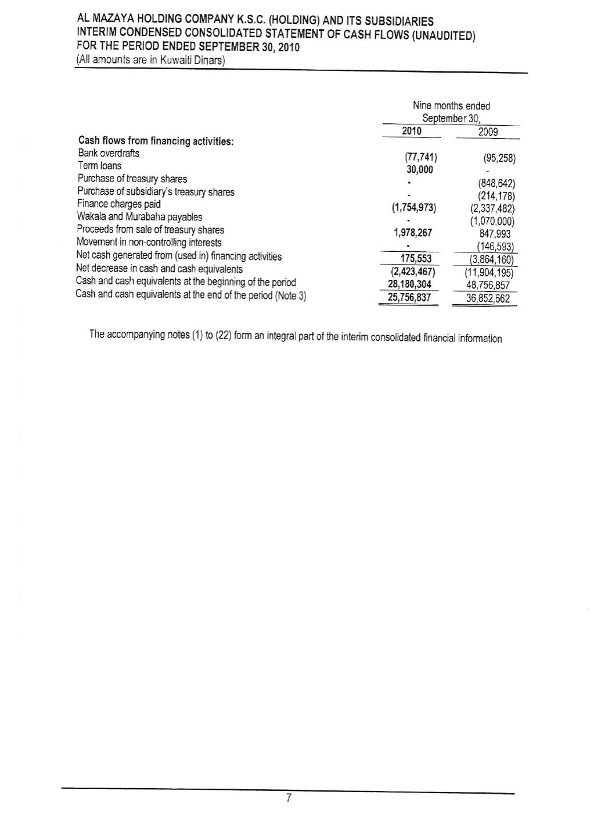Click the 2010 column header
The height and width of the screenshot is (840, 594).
pos(411,131)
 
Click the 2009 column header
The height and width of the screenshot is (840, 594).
pos(488,132)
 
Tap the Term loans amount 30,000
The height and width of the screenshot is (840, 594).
pos(419,170)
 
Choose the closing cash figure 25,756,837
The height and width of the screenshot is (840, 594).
pos(409,298)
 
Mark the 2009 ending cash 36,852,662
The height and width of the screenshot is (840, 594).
pos(488,299)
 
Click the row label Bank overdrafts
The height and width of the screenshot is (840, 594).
pos(109,153)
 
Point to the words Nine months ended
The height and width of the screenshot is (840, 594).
pos(451,106)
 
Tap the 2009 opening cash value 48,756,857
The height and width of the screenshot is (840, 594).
pos(488,285)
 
